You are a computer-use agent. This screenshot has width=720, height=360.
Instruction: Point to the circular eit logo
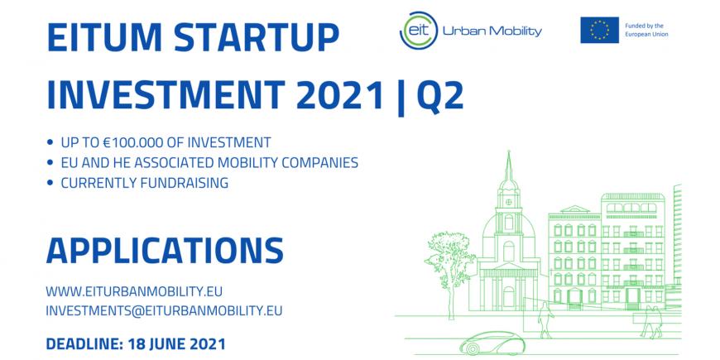(418, 31)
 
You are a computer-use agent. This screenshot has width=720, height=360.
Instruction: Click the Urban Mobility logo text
(492, 31)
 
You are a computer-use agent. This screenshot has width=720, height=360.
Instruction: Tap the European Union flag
(599, 30)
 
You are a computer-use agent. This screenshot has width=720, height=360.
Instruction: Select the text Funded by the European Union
(646, 31)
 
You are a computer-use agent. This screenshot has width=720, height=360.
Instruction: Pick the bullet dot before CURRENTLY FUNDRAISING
(50, 183)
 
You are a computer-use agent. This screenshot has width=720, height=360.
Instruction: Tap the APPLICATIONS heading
(165, 250)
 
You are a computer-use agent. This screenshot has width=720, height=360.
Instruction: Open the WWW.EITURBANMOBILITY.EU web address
(134, 291)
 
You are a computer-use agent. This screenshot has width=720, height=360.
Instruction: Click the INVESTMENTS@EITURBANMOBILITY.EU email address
(164, 311)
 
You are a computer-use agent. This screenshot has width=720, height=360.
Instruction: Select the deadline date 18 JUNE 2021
(176, 344)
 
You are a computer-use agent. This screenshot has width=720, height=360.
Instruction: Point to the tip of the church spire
(508, 151)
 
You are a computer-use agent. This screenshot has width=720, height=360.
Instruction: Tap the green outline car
(492, 343)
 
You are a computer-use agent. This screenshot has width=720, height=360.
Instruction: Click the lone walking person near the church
(545, 319)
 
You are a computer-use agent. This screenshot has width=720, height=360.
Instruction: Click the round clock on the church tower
(508, 202)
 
